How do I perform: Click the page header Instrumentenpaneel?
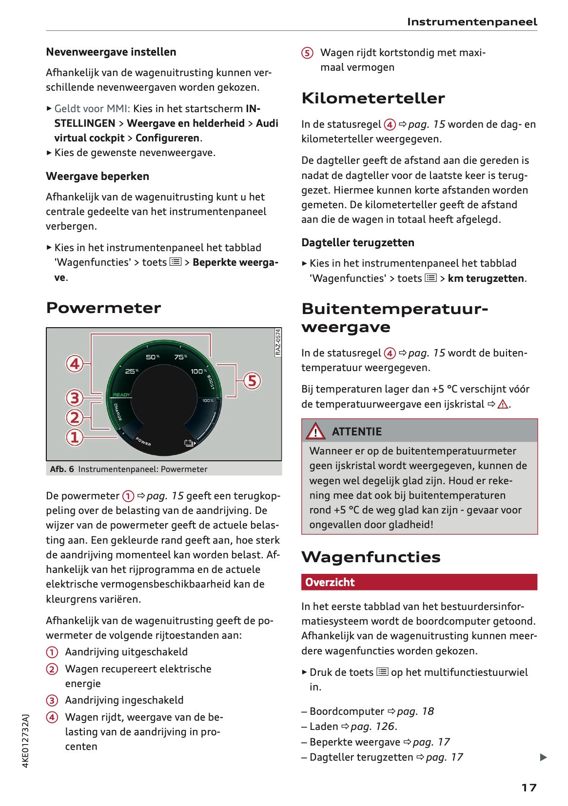click(471, 22)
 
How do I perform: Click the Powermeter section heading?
click(103, 308)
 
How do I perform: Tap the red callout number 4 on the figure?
click(75, 363)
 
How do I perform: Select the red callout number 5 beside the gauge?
click(252, 381)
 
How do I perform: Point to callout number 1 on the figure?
click(75, 437)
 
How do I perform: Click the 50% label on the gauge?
click(153, 357)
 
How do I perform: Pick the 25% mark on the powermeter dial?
click(132, 371)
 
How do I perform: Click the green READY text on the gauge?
click(121, 394)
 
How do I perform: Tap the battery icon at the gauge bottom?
click(189, 443)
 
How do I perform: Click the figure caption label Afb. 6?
click(62, 469)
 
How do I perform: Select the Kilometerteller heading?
click(373, 98)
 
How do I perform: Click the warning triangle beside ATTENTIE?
click(315, 432)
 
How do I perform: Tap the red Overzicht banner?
click(419, 582)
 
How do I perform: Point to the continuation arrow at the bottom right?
click(543, 757)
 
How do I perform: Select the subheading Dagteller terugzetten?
click(357, 242)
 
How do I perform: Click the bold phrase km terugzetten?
click(486, 278)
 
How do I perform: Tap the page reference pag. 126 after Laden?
click(372, 727)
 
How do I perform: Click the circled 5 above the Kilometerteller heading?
click(307, 53)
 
